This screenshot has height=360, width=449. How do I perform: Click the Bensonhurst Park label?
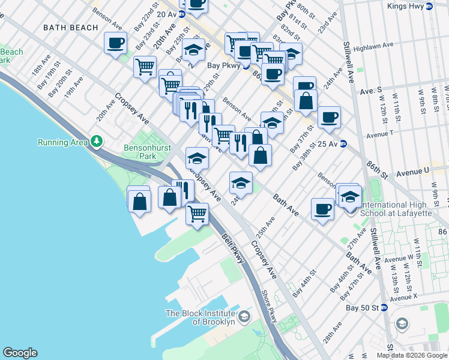(x=140, y=152)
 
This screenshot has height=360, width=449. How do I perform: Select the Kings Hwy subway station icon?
(x=429, y=6)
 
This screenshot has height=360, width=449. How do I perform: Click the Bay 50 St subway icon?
(x=385, y=307)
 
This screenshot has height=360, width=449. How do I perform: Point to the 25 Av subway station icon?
(x=343, y=144)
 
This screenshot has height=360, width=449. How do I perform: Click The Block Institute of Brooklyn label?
(x=200, y=317)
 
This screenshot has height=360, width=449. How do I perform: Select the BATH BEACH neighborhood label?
(x=71, y=28)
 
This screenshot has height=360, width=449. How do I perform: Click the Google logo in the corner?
(x=20, y=353)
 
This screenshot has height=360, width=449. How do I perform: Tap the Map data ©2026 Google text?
(x=412, y=355)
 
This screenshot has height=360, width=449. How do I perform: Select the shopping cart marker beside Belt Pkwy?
(x=197, y=213)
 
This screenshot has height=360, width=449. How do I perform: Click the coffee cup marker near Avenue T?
(x=328, y=117)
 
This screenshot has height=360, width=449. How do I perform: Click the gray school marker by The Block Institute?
(x=244, y=316)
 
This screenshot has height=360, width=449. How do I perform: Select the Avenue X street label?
(x=403, y=298)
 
